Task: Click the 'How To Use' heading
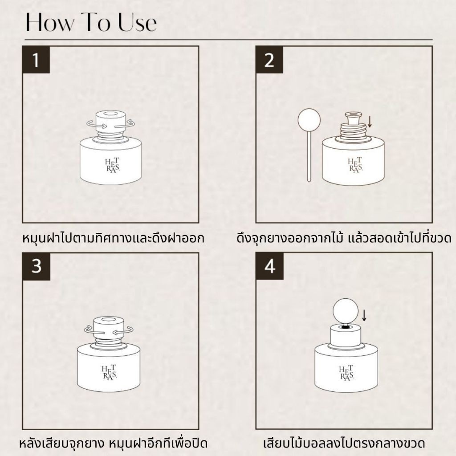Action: click(x=91, y=22)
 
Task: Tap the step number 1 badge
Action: click(x=37, y=60)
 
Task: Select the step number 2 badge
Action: click(x=269, y=60)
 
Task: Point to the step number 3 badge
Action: click(x=37, y=266)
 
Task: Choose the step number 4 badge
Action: click(x=269, y=266)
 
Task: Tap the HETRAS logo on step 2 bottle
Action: click(x=355, y=165)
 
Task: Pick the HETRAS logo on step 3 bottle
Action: click(x=109, y=372)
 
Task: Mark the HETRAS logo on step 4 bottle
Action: click(x=346, y=373)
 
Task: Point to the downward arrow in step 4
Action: click(x=364, y=315)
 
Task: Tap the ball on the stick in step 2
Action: click(x=309, y=119)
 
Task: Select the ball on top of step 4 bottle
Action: click(x=346, y=310)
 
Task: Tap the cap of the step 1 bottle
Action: click(x=110, y=121)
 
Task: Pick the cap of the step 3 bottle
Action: click(x=109, y=327)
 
